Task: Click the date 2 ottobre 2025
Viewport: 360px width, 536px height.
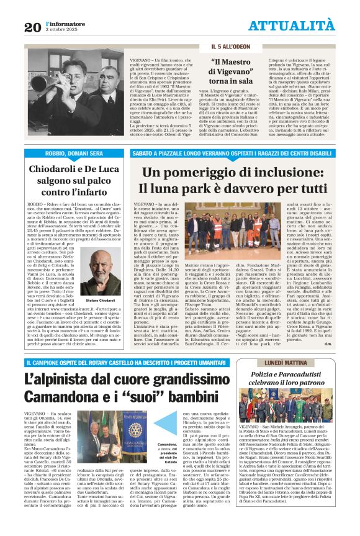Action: (x=62, y=30)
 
